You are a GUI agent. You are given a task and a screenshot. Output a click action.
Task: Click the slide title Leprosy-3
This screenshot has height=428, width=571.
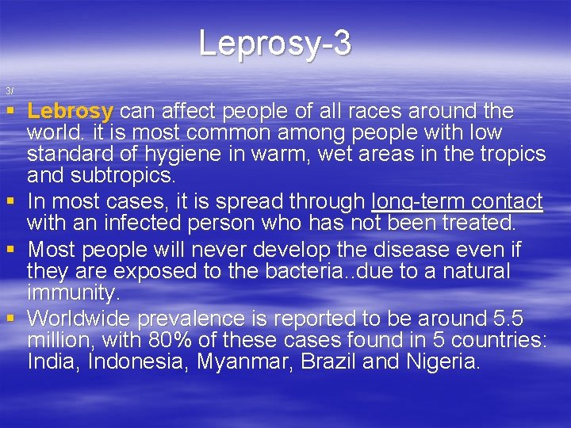point(274,43)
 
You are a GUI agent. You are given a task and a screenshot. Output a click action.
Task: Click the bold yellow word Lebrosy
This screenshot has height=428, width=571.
point(71,111)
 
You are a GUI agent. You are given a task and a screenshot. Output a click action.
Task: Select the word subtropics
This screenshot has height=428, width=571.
point(111,174)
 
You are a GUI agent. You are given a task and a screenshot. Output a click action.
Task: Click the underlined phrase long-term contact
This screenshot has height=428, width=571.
point(458,201)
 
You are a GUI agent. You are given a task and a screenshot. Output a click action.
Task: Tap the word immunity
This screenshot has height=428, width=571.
point(73,292)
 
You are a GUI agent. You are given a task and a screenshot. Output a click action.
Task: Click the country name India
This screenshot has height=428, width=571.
point(53,362)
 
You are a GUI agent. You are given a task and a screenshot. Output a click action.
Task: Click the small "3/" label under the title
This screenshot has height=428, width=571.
point(9,90)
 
